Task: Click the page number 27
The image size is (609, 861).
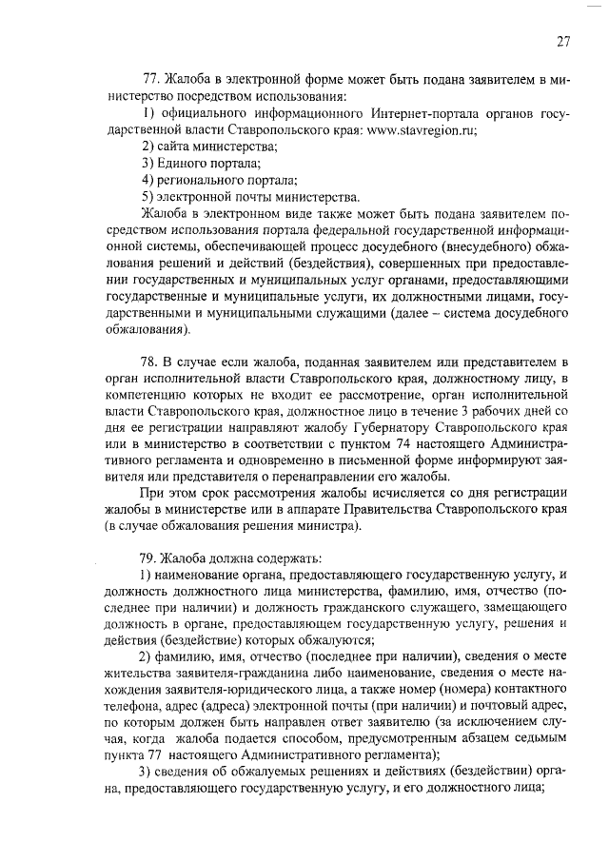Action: (563, 41)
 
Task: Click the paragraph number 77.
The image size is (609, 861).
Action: (149, 78)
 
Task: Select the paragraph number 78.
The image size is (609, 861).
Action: (149, 363)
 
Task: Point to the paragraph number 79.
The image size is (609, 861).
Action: (149, 556)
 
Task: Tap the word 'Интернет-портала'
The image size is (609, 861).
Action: (387, 112)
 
